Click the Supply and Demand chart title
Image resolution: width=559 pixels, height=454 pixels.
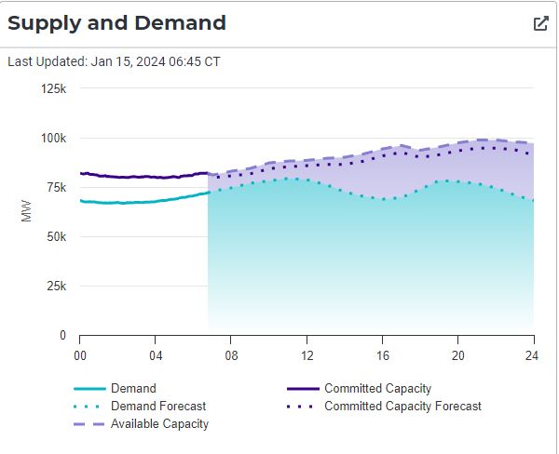(116, 23)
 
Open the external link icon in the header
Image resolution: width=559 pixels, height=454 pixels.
(540, 23)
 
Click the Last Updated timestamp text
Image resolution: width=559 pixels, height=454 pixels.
(114, 62)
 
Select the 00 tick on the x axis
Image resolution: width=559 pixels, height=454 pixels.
(80, 354)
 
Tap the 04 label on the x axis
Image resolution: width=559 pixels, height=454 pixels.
(156, 354)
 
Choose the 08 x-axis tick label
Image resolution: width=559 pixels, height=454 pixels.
(231, 354)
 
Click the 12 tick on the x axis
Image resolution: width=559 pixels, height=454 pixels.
(307, 354)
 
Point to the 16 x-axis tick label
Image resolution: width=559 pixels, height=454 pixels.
(382, 354)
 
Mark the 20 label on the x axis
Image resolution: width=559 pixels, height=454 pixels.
(457, 354)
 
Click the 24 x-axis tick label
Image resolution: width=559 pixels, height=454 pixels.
(533, 354)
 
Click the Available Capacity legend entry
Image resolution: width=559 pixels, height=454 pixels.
(159, 424)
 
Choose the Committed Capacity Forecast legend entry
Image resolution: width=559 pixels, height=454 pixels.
(402, 407)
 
